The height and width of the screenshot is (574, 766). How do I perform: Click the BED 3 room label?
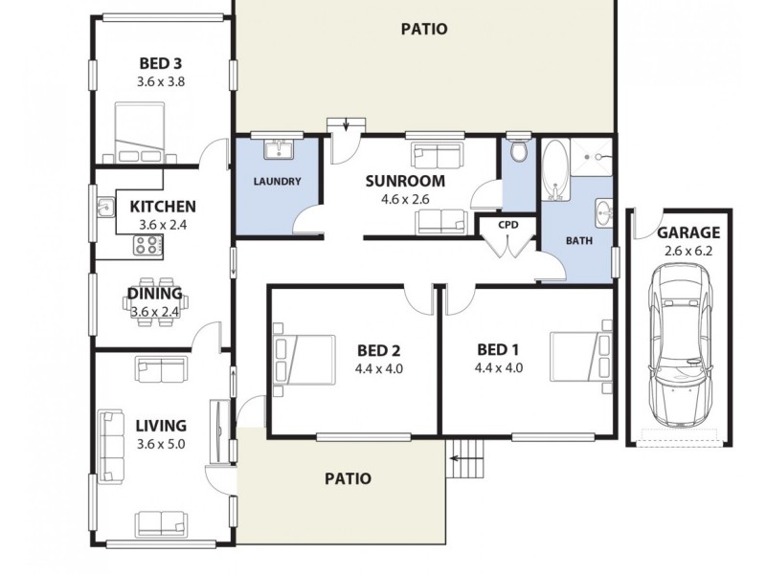click(160, 65)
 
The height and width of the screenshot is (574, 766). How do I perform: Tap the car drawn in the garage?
click(683, 348)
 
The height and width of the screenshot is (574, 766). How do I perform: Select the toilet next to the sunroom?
click(519, 152)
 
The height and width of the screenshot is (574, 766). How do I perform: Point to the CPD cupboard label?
click(507, 225)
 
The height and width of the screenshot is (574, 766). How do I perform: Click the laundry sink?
click(279, 149)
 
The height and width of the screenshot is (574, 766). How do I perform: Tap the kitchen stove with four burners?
click(147, 245)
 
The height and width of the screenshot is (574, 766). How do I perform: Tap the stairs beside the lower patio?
click(466, 458)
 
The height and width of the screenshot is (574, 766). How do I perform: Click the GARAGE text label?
click(688, 232)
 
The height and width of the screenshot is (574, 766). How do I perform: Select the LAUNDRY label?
click(278, 182)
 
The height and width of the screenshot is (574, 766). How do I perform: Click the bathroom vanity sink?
click(602, 210)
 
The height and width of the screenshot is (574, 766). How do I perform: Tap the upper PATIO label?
click(423, 29)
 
